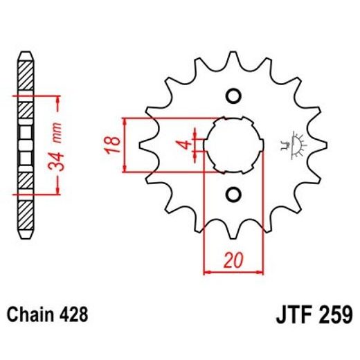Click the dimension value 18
(x=116, y=145)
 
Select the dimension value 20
(x=233, y=261)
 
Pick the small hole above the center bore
(x=233, y=96)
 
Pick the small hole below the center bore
(x=233, y=193)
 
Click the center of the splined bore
(x=233, y=145)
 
